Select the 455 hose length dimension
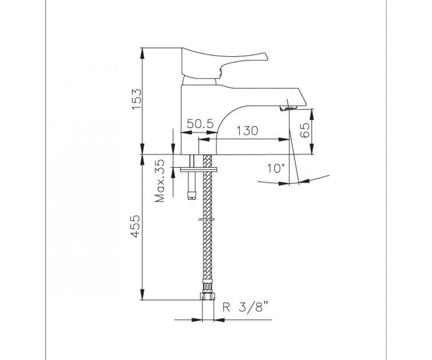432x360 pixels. (x=135, y=226)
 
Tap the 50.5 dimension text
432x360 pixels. (x=200, y=124)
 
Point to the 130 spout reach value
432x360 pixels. (x=247, y=131)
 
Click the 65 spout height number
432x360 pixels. (x=305, y=130)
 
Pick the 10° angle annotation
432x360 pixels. (x=276, y=168)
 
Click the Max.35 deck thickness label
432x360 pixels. (x=159, y=181)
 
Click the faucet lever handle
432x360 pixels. (x=224, y=62)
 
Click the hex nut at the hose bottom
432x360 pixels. (x=207, y=296)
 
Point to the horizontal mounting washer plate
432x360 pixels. (x=199, y=170)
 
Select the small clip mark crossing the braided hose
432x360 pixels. (x=207, y=219)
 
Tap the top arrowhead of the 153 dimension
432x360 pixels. (x=142, y=53)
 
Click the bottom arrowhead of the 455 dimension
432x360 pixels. (x=142, y=294)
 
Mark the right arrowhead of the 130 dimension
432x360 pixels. (x=284, y=139)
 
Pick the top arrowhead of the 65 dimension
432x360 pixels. (x=312, y=114)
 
